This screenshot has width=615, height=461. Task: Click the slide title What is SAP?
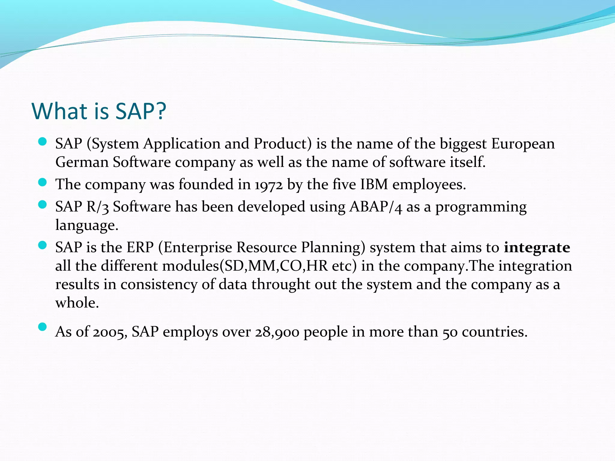click(99, 111)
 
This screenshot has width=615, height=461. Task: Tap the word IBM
click(374, 184)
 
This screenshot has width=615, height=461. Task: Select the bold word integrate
click(537, 248)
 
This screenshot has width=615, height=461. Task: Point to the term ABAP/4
click(375, 207)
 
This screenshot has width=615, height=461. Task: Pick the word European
click(523, 143)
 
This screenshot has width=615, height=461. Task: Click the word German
click(82, 162)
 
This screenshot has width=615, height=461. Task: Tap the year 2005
click(110, 332)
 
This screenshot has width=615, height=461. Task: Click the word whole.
click(77, 303)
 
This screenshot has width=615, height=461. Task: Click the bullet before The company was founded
click(43, 182)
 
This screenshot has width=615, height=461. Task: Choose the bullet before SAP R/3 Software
click(43, 205)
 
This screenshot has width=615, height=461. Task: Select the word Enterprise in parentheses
click(198, 248)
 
